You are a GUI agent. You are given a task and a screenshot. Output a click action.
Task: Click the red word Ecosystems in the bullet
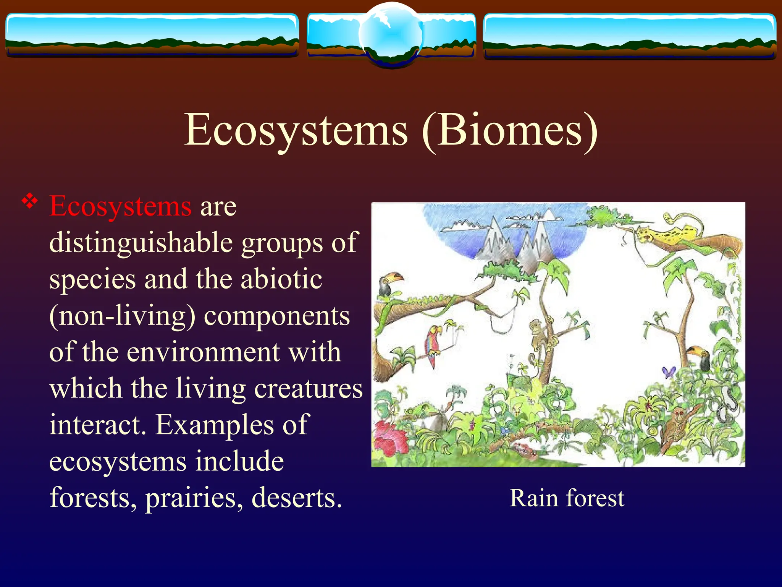[120, 206]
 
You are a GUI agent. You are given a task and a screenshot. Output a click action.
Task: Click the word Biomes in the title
[510, 130]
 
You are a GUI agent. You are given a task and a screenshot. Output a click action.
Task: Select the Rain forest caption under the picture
[567, 498]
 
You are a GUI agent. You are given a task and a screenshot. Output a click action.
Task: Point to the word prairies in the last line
[194, 498]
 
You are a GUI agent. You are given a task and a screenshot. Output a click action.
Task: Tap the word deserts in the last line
[296, 498]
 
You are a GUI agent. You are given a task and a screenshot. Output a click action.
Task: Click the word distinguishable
[141, 243]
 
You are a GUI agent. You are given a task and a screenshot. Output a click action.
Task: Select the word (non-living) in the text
[122, 316]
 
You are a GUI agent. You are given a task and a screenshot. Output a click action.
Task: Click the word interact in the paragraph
[98, 425]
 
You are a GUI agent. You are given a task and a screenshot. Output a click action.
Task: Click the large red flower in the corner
[389, 438]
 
